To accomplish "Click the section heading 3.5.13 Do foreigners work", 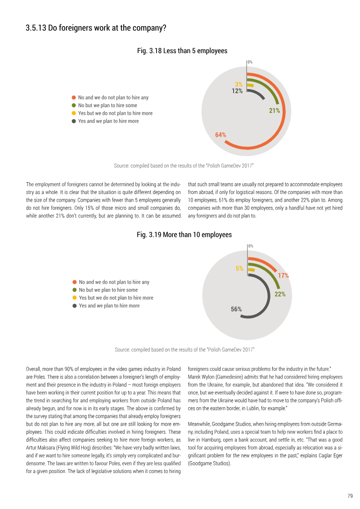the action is click(96, 28).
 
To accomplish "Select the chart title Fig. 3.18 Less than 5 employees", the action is click(182, 51).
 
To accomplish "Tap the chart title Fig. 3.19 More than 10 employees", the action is click(184, 235).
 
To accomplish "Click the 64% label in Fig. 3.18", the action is click(221, 135).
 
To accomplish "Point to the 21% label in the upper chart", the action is click(274, 111).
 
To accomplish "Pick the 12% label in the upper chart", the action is click(237, 91).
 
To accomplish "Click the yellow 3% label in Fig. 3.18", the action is click(238, 85).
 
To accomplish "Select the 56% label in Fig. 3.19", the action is click(236, 309).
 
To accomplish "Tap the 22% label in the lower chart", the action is click(280, 294).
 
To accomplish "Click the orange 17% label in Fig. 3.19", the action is click(283, 275).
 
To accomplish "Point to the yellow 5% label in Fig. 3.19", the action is click(239, 269).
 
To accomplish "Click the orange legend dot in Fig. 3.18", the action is click(74, 97).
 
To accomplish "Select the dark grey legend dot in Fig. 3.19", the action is click(74, 306).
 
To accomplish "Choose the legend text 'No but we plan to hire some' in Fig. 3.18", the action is click(108, 105).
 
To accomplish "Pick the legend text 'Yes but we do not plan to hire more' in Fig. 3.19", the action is click(116, 298).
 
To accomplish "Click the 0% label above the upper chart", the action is click(250, 62).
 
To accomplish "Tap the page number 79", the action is click(350, 496).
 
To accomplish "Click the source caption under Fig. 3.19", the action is click(184, 350).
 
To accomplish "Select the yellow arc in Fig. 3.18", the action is click(250, 86).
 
